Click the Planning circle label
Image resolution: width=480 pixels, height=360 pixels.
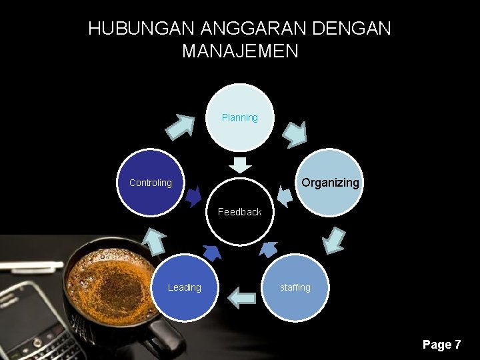point(239,118)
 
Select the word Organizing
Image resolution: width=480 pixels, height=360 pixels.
point(330,183)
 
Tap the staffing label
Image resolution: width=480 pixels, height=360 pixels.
point(295,287)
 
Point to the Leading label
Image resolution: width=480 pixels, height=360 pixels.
point(184,287)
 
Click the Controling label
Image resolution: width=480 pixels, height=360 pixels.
point(150,183)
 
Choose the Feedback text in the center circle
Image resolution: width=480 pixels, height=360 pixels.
point(239,212)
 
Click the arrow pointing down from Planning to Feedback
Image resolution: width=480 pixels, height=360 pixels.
point(240,164)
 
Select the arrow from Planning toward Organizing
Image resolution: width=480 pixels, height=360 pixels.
point(294,134)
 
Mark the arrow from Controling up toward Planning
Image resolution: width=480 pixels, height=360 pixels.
point(180,126)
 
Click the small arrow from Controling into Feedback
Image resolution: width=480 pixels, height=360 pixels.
point(194,197)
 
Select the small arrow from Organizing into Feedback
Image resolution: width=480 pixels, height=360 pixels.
point(285,196)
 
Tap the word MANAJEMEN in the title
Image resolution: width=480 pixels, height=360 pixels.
point(240,51)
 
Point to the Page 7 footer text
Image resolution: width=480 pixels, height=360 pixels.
point(441,345)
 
